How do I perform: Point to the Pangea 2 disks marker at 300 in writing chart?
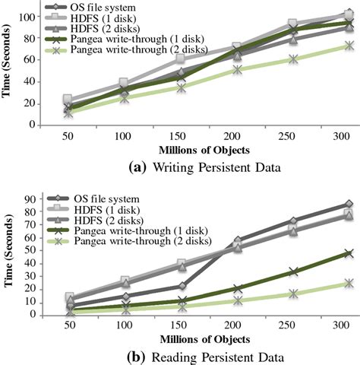pos(327,46)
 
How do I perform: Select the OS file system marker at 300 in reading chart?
pos(327,204)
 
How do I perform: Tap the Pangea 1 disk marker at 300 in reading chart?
pos(327,253)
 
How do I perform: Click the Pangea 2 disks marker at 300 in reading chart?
pos(327,283)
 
